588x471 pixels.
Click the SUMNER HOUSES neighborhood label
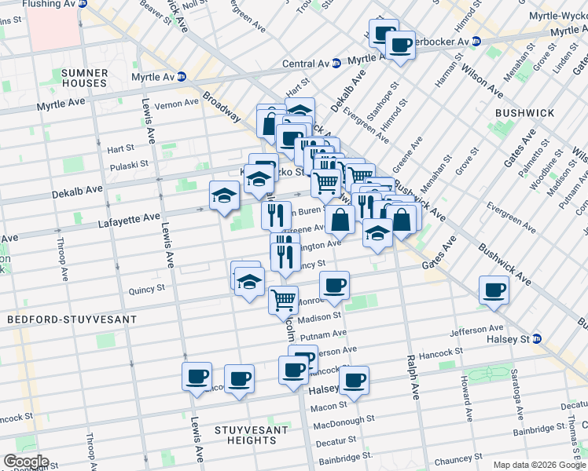click(x=83, y=78)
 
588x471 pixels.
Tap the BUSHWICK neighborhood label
click(x=525, y=113)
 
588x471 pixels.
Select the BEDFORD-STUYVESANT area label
click(x=72, y=319)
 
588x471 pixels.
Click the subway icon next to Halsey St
click(x=538, y=338)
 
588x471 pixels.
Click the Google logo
click(x=26, y=462)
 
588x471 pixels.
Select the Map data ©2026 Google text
click(x=539, y=465)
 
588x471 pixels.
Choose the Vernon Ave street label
click(x=177, y=104)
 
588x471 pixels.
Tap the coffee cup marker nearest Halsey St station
click(x=494, y=290)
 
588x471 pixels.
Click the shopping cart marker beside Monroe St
click(x=283, y=298)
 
